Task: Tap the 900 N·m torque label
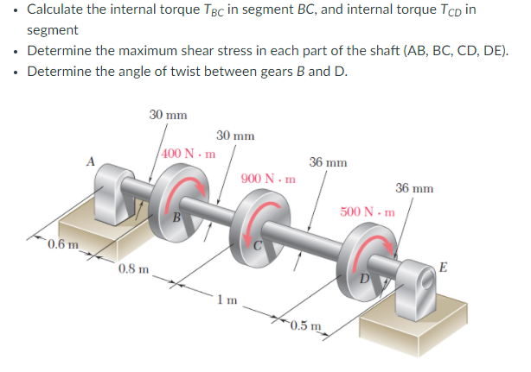click(x=268, y=180)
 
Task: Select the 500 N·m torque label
click(x=367, y=211)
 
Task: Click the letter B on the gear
click(x=176, y=217)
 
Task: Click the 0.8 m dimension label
click(x=131, y=268)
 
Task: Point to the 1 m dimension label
click(x=227, y=299)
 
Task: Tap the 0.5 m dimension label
click(x=305, y=325)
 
